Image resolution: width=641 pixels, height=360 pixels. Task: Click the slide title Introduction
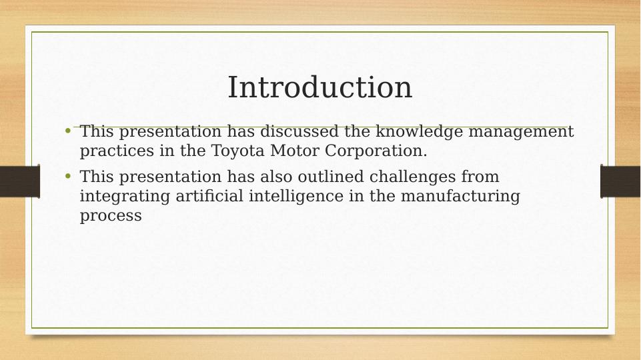point(319,87)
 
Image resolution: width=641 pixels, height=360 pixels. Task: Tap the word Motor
point(295,151)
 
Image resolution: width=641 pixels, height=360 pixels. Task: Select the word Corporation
point(376,151)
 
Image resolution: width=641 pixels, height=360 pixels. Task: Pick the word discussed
point(299,131)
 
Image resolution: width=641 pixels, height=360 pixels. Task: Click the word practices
point(117,151)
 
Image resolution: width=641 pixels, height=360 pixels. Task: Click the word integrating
point(125,197)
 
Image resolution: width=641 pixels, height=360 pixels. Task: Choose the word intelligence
point(296,197)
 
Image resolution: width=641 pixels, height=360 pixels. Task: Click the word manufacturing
point(460,197)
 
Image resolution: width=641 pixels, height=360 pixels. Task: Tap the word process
point(111,216)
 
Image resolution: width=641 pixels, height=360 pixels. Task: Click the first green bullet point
point(68,131)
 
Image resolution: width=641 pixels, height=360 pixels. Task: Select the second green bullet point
point(68,176)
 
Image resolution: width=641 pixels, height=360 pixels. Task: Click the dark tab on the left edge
point(20,181)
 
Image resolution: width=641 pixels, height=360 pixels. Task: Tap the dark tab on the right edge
point(620,181)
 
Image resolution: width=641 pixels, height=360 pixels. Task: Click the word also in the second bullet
point(276,177)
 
